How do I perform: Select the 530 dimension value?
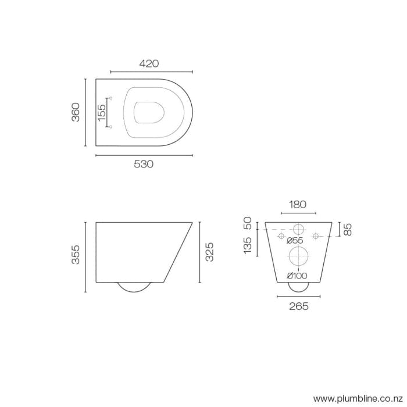point(144,165)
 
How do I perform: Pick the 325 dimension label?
point(210,252)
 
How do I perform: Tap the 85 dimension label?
point(348,230)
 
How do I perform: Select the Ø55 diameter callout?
point(295,241)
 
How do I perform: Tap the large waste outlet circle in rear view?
point(298,255)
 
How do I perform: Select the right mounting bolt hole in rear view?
point(316,236)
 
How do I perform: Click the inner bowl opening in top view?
point(148,112)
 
